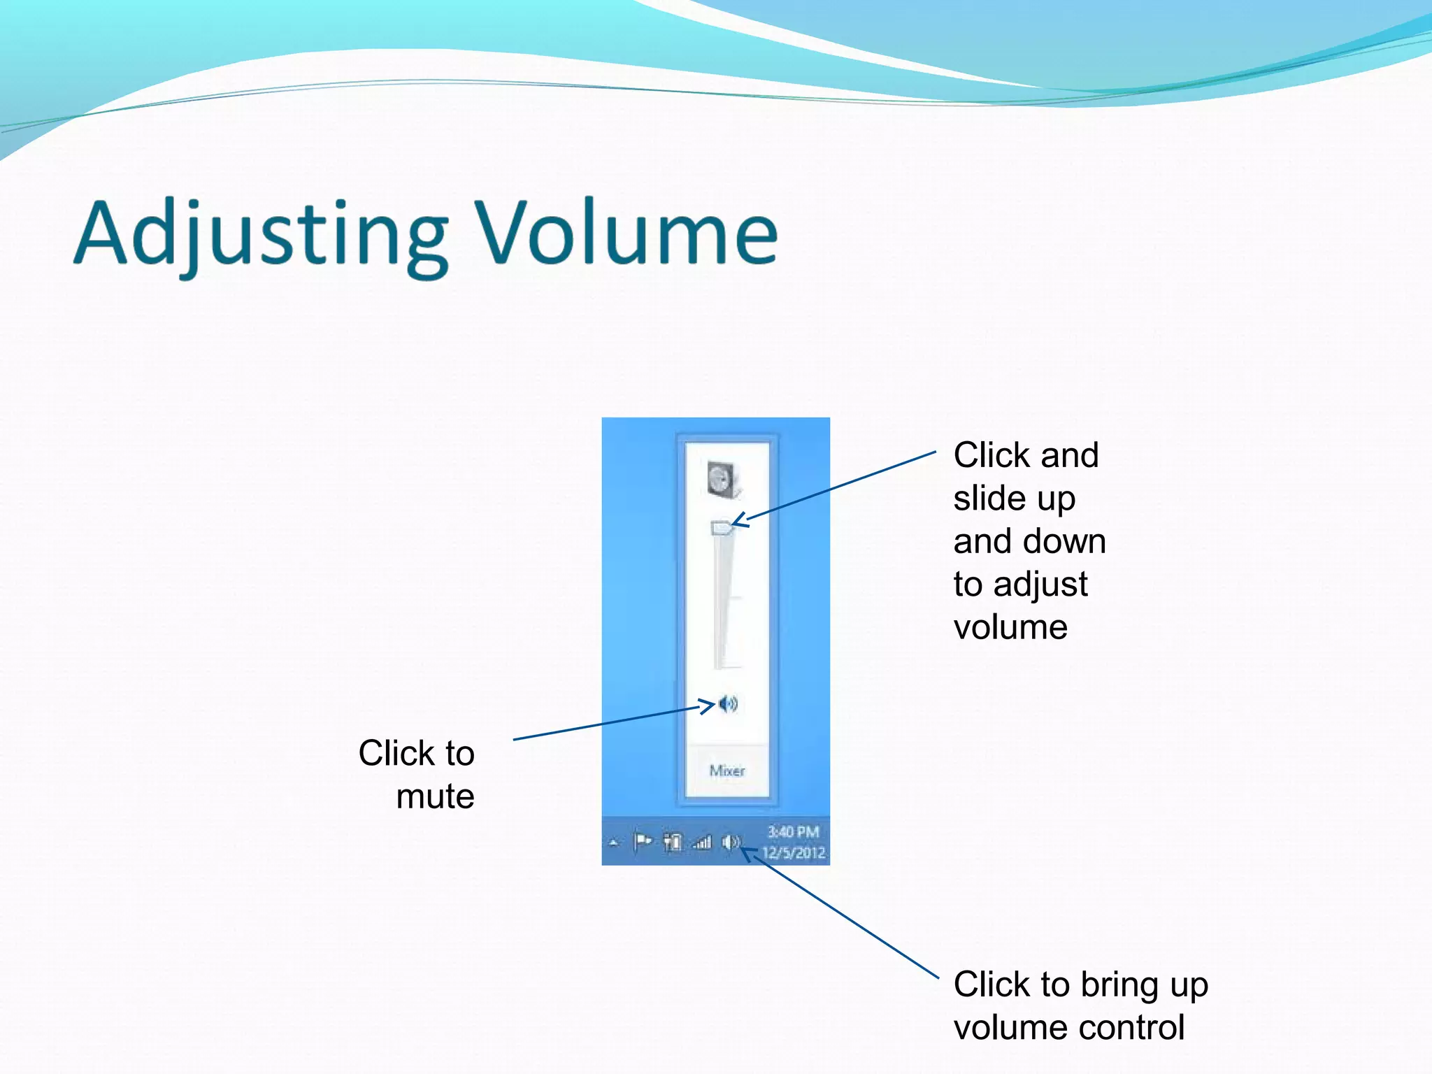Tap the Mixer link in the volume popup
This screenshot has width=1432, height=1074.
coord(727,771)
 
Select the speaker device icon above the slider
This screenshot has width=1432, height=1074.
coord(724,480)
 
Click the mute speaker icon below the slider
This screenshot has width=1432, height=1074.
coord(729,703)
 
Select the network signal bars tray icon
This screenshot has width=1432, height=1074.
coord(702,843)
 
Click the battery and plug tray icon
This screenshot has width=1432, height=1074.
coord(673,843)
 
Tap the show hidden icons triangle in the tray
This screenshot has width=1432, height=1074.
coord(614,843)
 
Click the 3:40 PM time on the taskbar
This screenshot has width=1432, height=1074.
coord(793,831)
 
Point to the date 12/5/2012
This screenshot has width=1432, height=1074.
coord(794,853)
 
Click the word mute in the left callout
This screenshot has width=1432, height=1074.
coord(435,796)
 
